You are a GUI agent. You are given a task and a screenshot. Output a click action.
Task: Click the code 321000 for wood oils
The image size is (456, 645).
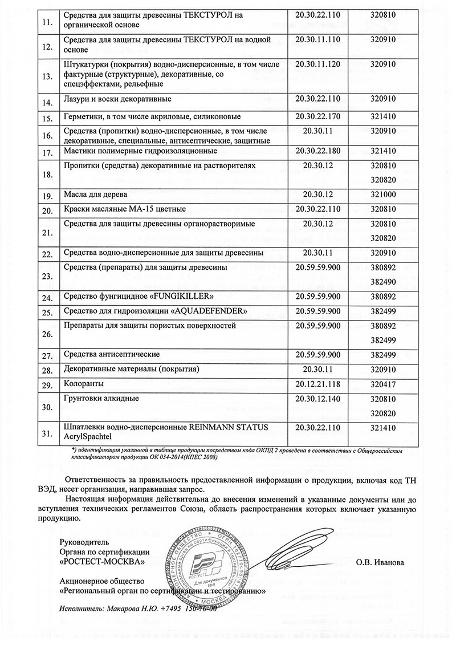point(383,194)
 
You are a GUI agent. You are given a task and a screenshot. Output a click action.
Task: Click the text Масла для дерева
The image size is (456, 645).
point(94,194)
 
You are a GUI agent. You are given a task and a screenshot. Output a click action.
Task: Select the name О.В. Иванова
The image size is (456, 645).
point(380,562)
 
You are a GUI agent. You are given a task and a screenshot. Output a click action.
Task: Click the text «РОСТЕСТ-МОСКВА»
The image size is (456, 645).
point(102,561)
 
